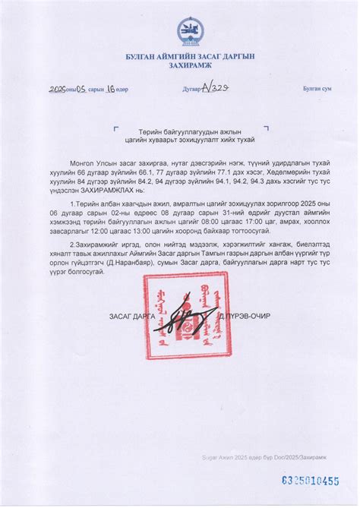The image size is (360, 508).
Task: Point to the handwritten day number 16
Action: (111, 87)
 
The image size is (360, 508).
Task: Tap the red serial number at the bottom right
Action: (310, 479)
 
